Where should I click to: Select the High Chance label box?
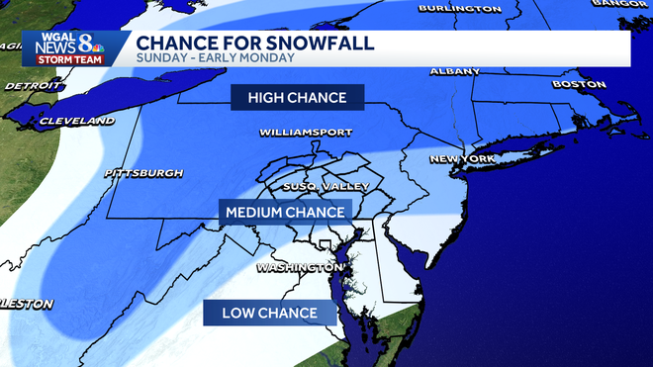point(297,97)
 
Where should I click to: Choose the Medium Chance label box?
point(285,212)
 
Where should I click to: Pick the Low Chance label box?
point(268,314)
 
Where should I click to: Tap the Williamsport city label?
point(300,132)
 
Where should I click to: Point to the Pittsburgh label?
point(143,173)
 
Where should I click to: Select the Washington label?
point(299,267)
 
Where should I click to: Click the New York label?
point(462,158)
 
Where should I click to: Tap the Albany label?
point(455,71)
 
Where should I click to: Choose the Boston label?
point(579,84)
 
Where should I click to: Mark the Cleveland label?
point(77,121)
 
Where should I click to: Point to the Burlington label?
point(459,8)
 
